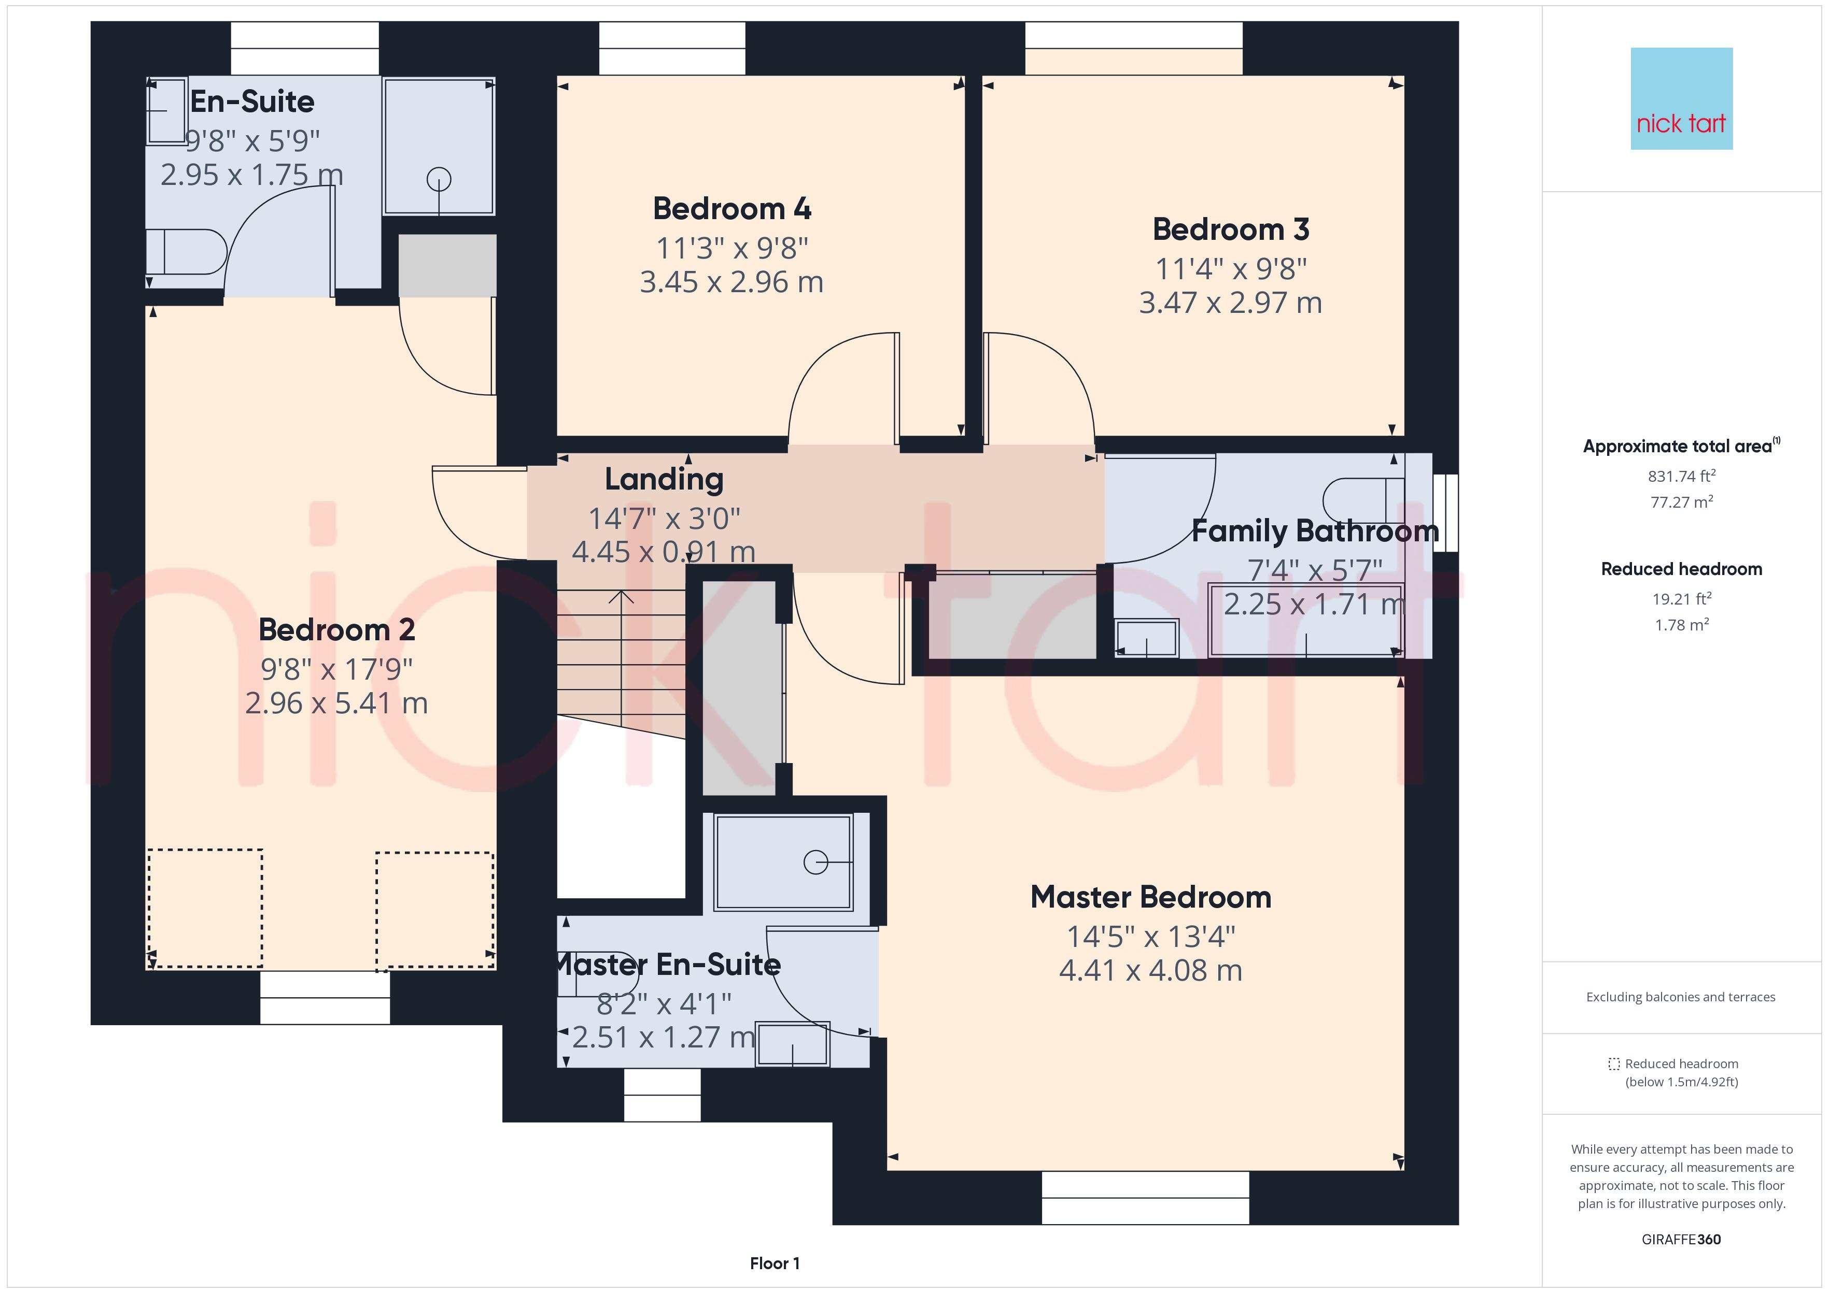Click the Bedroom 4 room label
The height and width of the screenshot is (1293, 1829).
click(732, 209)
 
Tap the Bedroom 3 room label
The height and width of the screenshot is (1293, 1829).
click(1231, 229)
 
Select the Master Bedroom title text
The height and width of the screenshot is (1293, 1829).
click(1151, 897)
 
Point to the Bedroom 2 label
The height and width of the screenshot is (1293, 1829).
click(337, 630)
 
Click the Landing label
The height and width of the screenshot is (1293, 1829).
click(665, 479)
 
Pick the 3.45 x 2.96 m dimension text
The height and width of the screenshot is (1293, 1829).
click(732, 282)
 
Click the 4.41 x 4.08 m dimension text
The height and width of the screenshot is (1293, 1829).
click(1151, 971)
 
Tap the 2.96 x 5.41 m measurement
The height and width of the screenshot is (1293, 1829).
click(337, 703)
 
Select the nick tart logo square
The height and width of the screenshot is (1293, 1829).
click(1682, 99)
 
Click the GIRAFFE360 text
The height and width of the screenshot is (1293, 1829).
click(1682, 1240)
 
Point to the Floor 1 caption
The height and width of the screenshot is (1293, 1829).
click(775, 1263)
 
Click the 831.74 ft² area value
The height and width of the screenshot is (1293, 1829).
click(1682, 476)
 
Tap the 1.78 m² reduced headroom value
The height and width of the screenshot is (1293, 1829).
click(1682, 625)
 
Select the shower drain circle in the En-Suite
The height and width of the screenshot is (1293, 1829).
click(439, 180)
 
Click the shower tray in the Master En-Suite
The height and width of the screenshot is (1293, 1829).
click(784, 863)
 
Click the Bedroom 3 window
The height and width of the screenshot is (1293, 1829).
click(1134, 49)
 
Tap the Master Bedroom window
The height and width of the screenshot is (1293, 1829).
click(1146, 1197)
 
